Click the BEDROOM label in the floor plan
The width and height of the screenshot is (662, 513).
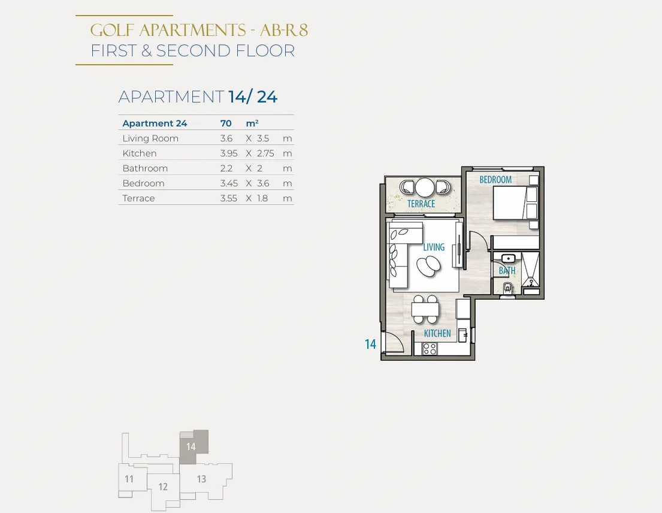(x=495, y=179)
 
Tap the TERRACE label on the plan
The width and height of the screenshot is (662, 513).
(x=421, y=204)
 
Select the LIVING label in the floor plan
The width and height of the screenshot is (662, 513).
(x=434, y=247)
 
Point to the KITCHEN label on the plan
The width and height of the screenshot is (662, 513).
(x=437, y=333)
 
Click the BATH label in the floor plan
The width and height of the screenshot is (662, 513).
(x=507, y=270)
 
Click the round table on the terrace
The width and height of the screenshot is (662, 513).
(x=425, y=186)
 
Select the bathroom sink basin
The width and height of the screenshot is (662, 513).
(x=508, y=258)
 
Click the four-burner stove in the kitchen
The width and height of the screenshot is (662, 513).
(x=430, y=349)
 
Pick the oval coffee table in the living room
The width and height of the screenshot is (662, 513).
(x=428, y=266)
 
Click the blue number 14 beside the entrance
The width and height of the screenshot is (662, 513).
(x=370, y=344)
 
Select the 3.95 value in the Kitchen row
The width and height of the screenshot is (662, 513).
(x=229, y=153)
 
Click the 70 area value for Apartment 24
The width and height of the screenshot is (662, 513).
(x=226, y=123)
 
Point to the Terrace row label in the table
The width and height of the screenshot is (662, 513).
(x=138, y=198)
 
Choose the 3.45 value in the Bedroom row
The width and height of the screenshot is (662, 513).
(x=229, y=183)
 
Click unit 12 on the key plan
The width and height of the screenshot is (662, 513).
(x=163, y=487)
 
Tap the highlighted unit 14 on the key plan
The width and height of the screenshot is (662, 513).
(x=191, y=446)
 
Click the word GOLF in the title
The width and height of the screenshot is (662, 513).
(x=112, y=30)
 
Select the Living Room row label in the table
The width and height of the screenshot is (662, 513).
(x=150, y=138)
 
